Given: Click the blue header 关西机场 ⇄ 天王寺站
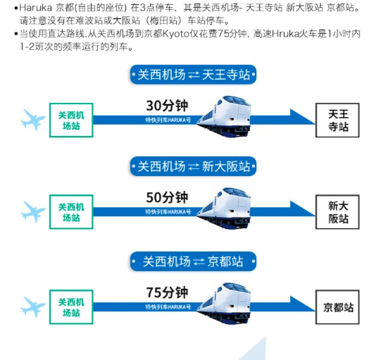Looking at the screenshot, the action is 193,75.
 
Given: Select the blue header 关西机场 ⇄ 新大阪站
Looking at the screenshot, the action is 193,166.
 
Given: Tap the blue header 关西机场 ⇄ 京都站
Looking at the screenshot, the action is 193,261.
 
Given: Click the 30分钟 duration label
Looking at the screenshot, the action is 167,106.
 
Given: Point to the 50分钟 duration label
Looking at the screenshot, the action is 167,197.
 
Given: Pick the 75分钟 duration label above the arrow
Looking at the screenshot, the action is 167,292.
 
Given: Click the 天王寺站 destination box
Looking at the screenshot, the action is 337,120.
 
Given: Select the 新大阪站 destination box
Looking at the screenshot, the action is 337,212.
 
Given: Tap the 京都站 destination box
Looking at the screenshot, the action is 337,307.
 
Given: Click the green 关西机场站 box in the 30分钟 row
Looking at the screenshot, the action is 71,120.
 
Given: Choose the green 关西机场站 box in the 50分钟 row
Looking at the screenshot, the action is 71,212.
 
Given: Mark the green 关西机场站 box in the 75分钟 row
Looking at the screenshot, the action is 71,307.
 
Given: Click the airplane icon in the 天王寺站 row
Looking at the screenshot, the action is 32,120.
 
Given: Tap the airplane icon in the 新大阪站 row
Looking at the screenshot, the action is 32,212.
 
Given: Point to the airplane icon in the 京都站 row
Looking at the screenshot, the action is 32,307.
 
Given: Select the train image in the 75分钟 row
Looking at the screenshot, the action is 224,304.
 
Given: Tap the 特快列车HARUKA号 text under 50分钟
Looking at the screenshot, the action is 168,212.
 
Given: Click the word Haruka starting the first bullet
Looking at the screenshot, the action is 35,8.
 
